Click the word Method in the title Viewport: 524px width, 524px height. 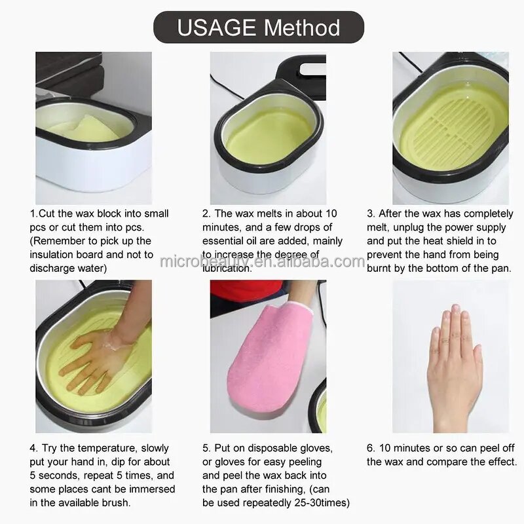point(302,28)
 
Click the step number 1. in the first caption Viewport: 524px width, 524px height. point(33,214)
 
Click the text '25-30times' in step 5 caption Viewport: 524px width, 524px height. point(322,502)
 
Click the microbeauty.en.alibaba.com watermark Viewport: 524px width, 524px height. point(262,262)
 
